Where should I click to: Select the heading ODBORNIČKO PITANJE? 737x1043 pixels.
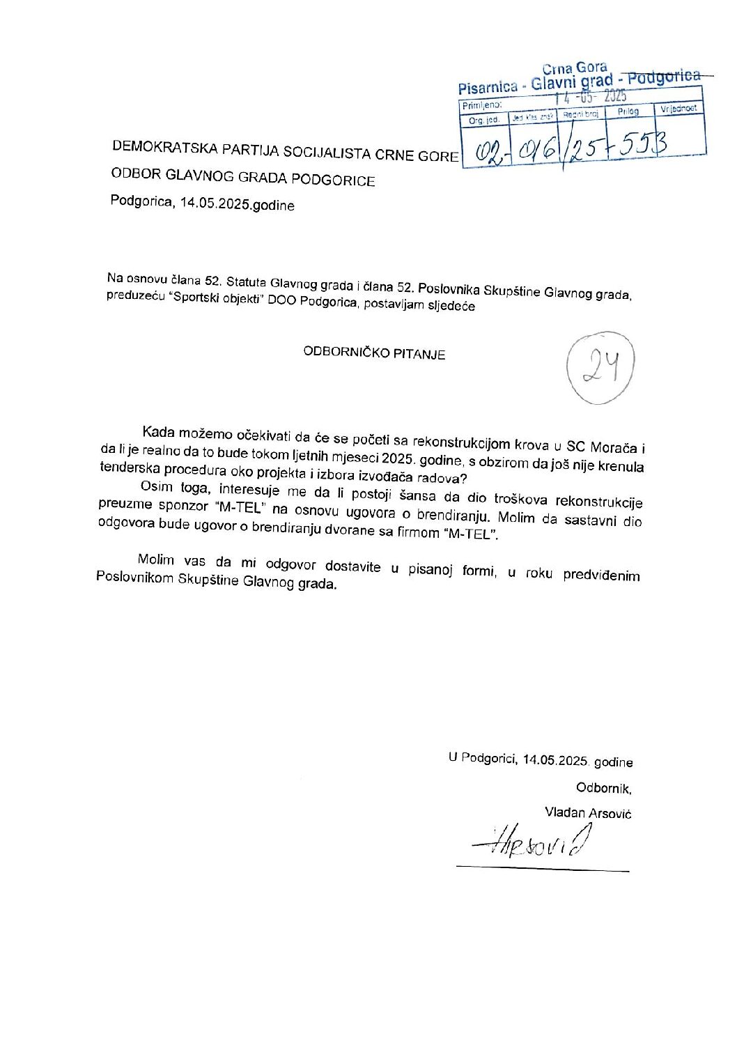pos(374,353)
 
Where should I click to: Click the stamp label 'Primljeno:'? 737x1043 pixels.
pos(481,105)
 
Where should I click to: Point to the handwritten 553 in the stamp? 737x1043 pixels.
pos(642,144)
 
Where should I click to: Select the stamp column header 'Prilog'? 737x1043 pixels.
pos(628,111)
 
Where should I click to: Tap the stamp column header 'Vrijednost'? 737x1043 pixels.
pos(678,109)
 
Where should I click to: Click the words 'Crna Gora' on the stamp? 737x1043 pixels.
pos(575,68)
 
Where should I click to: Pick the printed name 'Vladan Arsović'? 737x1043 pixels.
pos(588,813)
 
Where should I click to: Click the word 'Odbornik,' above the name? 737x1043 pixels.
pos(603,788)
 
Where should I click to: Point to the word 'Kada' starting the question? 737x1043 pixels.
pos(158,433)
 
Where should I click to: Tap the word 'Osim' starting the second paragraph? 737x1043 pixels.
pos(156,486)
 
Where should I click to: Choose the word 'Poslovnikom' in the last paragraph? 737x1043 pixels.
pos(134,578)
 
